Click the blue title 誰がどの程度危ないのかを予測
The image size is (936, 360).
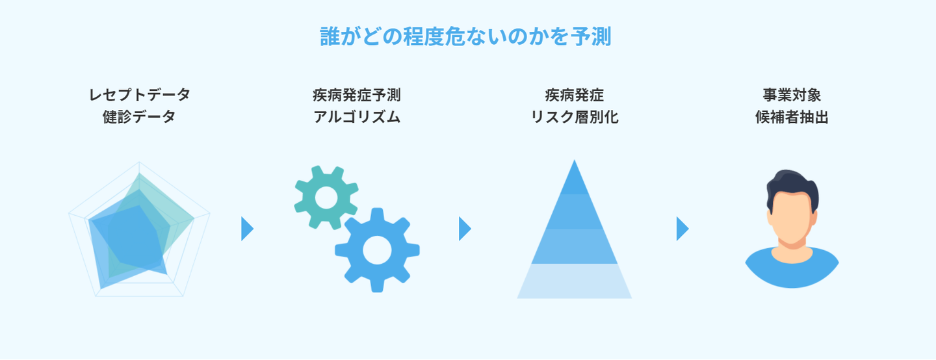point(465,36)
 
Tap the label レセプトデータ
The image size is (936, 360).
point(139,95)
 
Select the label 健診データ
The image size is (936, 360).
point(139,118)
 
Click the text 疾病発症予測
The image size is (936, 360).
point(356,95)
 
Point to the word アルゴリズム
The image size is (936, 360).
point(356,118)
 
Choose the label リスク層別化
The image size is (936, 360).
point(574,118)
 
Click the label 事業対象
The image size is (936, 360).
point(792,95)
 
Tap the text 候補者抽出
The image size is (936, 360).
point(792,118)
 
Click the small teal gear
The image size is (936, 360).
point(326,197)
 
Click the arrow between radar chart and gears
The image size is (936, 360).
point(246,229)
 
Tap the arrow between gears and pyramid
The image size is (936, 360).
point(464,229)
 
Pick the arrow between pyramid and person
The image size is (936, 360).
point(682,229)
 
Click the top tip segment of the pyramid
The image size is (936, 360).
point(574,179)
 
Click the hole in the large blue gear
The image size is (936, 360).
point(377,250)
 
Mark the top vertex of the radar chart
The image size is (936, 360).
point(139,162)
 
